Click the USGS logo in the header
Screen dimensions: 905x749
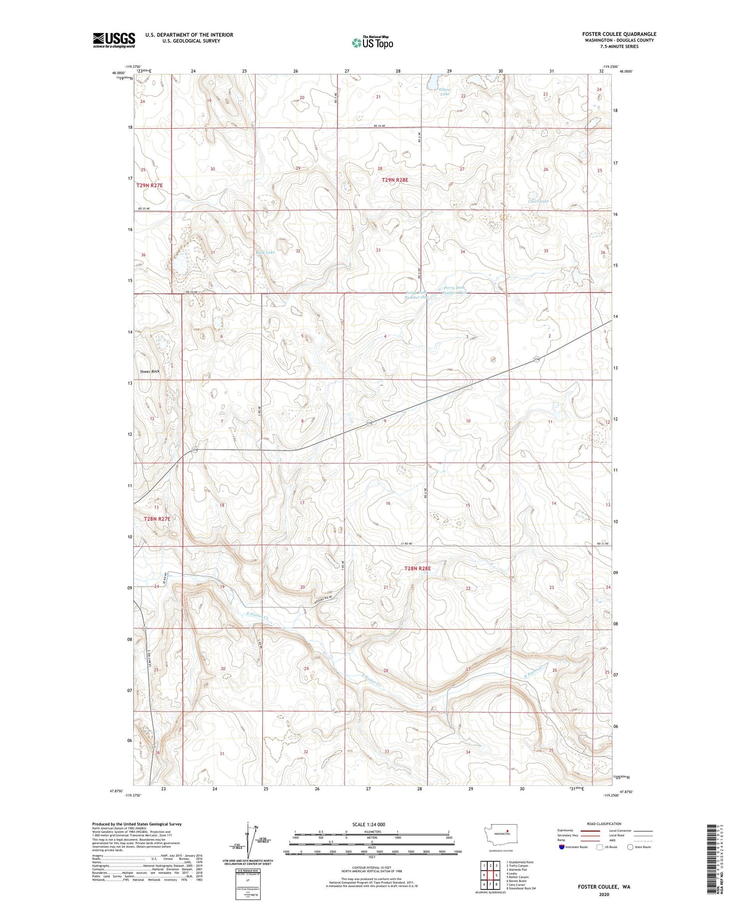click(114, 40)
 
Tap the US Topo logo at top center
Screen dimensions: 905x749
click(372, 42)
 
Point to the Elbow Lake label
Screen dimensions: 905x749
click(445, 91)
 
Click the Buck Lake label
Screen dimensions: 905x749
click(265, 253)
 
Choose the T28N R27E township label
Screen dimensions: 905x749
click(157, 519)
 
